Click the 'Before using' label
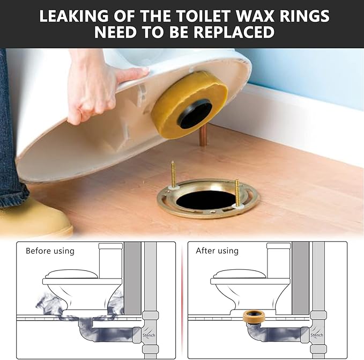click(x=50, y=251)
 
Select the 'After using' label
click(x=217, y=251)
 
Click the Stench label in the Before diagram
click(x=149, y=335)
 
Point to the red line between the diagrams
click(x=182, y=300)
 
